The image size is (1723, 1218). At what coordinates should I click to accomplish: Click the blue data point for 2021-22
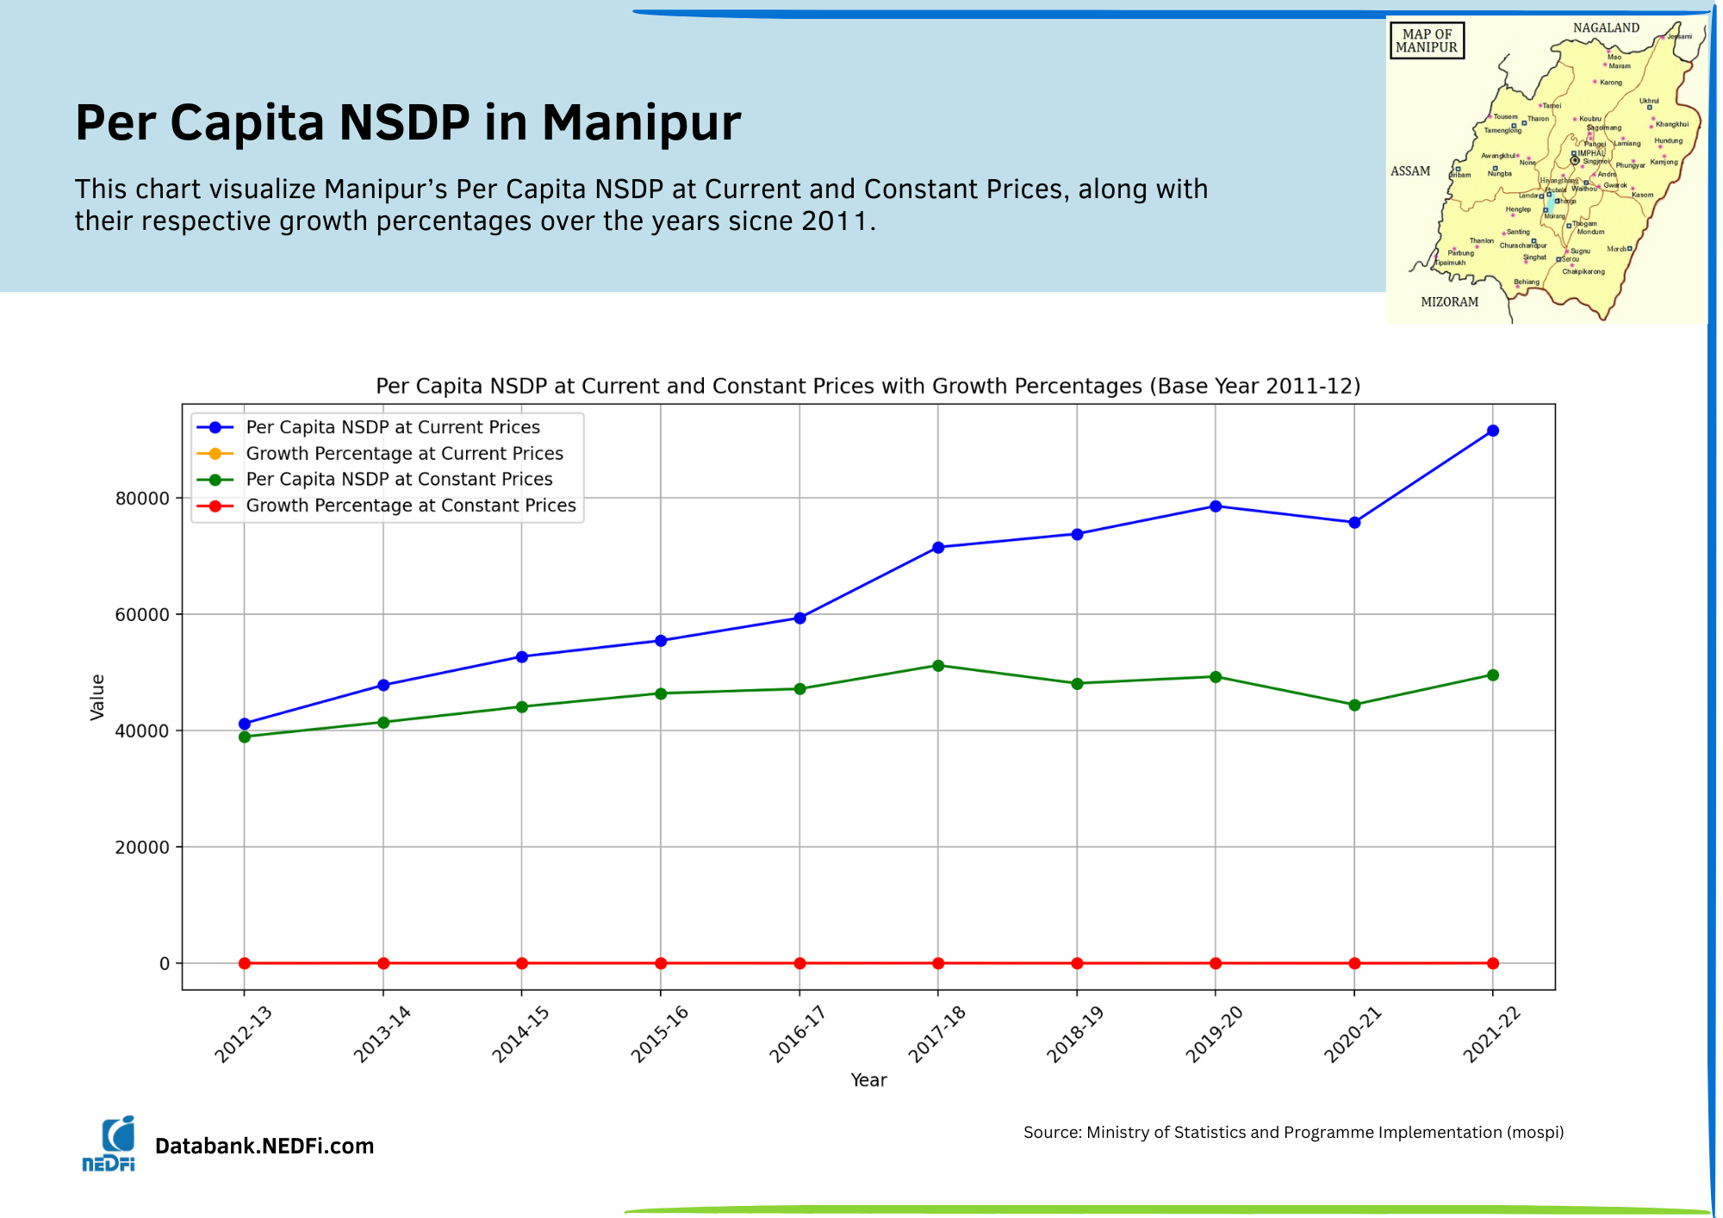[1492, 431]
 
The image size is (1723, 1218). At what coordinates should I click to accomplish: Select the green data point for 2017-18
[938, 666]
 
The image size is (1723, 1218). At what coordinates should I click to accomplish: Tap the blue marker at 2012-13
[245, 724]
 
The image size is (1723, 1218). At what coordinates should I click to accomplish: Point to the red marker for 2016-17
[799, 963]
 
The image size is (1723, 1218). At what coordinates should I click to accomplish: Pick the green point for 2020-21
[1354, 705]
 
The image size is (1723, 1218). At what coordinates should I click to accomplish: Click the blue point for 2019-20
[1216, 506]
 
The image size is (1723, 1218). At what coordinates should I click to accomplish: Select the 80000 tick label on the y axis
[142, 499]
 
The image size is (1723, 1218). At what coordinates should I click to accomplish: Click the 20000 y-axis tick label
[142, 848]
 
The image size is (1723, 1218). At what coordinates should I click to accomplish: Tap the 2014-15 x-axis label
[520, 1034]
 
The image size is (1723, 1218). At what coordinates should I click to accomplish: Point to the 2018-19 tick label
[1074, 1034]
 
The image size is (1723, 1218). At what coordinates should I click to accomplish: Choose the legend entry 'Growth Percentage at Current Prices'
[404, 454]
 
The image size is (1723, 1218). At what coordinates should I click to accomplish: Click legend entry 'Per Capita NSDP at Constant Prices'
[399, 480]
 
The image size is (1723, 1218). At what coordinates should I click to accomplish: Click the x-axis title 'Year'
[868, 1080]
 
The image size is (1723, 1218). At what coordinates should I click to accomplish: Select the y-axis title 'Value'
[97, 697]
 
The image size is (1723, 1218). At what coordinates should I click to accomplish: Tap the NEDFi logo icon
[109, 1144]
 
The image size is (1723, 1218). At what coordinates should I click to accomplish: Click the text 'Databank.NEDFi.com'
[264, 1147]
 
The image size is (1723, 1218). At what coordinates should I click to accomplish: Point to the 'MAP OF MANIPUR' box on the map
[1427, 41]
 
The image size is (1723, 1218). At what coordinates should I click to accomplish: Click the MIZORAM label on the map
[1449, 302]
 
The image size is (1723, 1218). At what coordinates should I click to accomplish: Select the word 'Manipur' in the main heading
[641, 122]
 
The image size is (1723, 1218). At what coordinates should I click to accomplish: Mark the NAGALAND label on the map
[1606, 28]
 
